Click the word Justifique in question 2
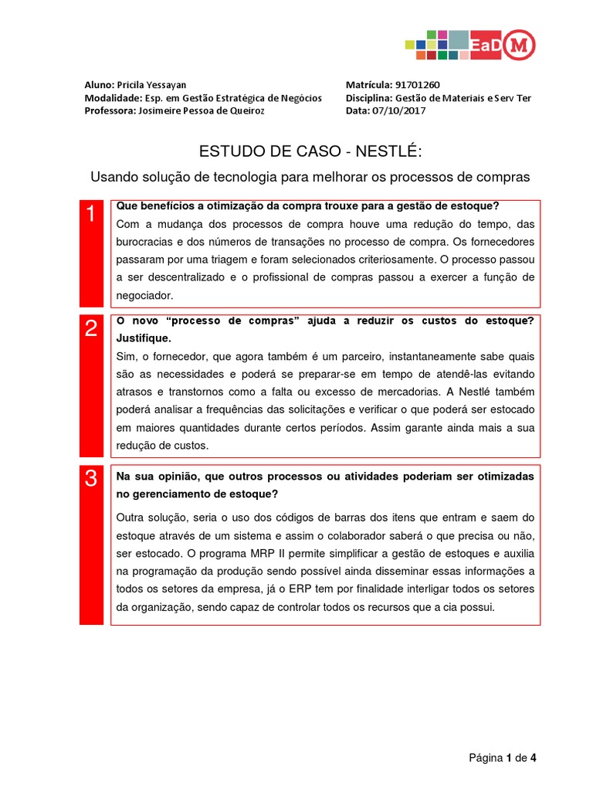pyautogui.click(x=143, y=338)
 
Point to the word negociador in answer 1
pyautogui.click(x=145, y=295)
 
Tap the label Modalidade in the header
pyautogui.click(x=112, y=97)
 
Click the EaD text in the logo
pyautogui.click(x=484, y=46)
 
